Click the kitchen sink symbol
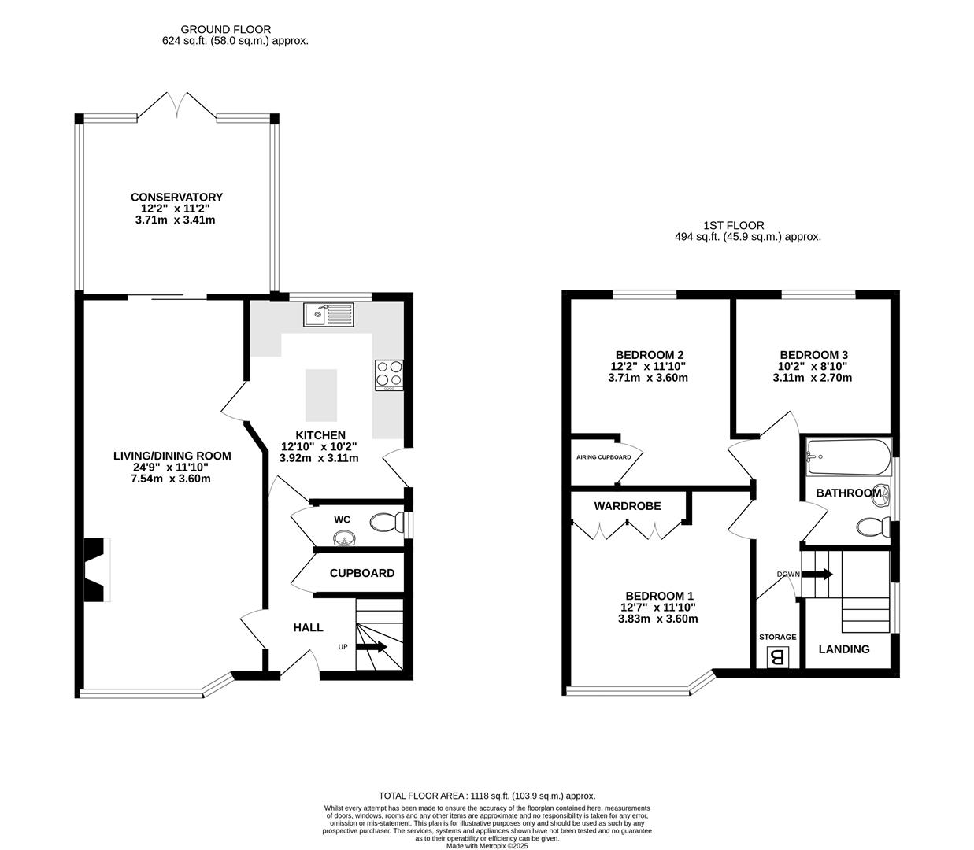point(328,314)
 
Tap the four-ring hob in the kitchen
point(389,375)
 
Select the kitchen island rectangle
point(320,395)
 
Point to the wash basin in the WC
point(343,539)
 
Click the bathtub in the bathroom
point(848,456)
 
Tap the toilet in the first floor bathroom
point(873,527)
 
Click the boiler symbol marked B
point(777,657)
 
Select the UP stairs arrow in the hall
point(372,647)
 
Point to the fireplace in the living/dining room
point(97,569)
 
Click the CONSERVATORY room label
point(176,197)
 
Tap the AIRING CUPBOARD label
point(604,457)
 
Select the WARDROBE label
point(628,506)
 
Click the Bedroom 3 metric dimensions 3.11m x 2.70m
point(812,378)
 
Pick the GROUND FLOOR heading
point(226,29)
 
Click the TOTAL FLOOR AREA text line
point(487,795)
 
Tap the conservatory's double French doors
point(177,105)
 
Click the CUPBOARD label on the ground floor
point(361,573)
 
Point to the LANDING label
point(844,649)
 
